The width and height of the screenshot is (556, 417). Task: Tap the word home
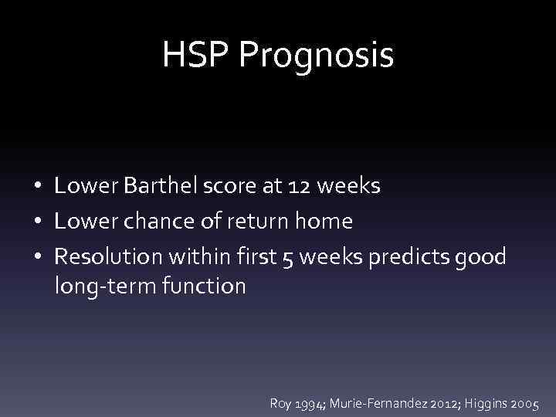(x=324, y=222)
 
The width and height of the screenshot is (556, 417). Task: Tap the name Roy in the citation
(x=281, y=402)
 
